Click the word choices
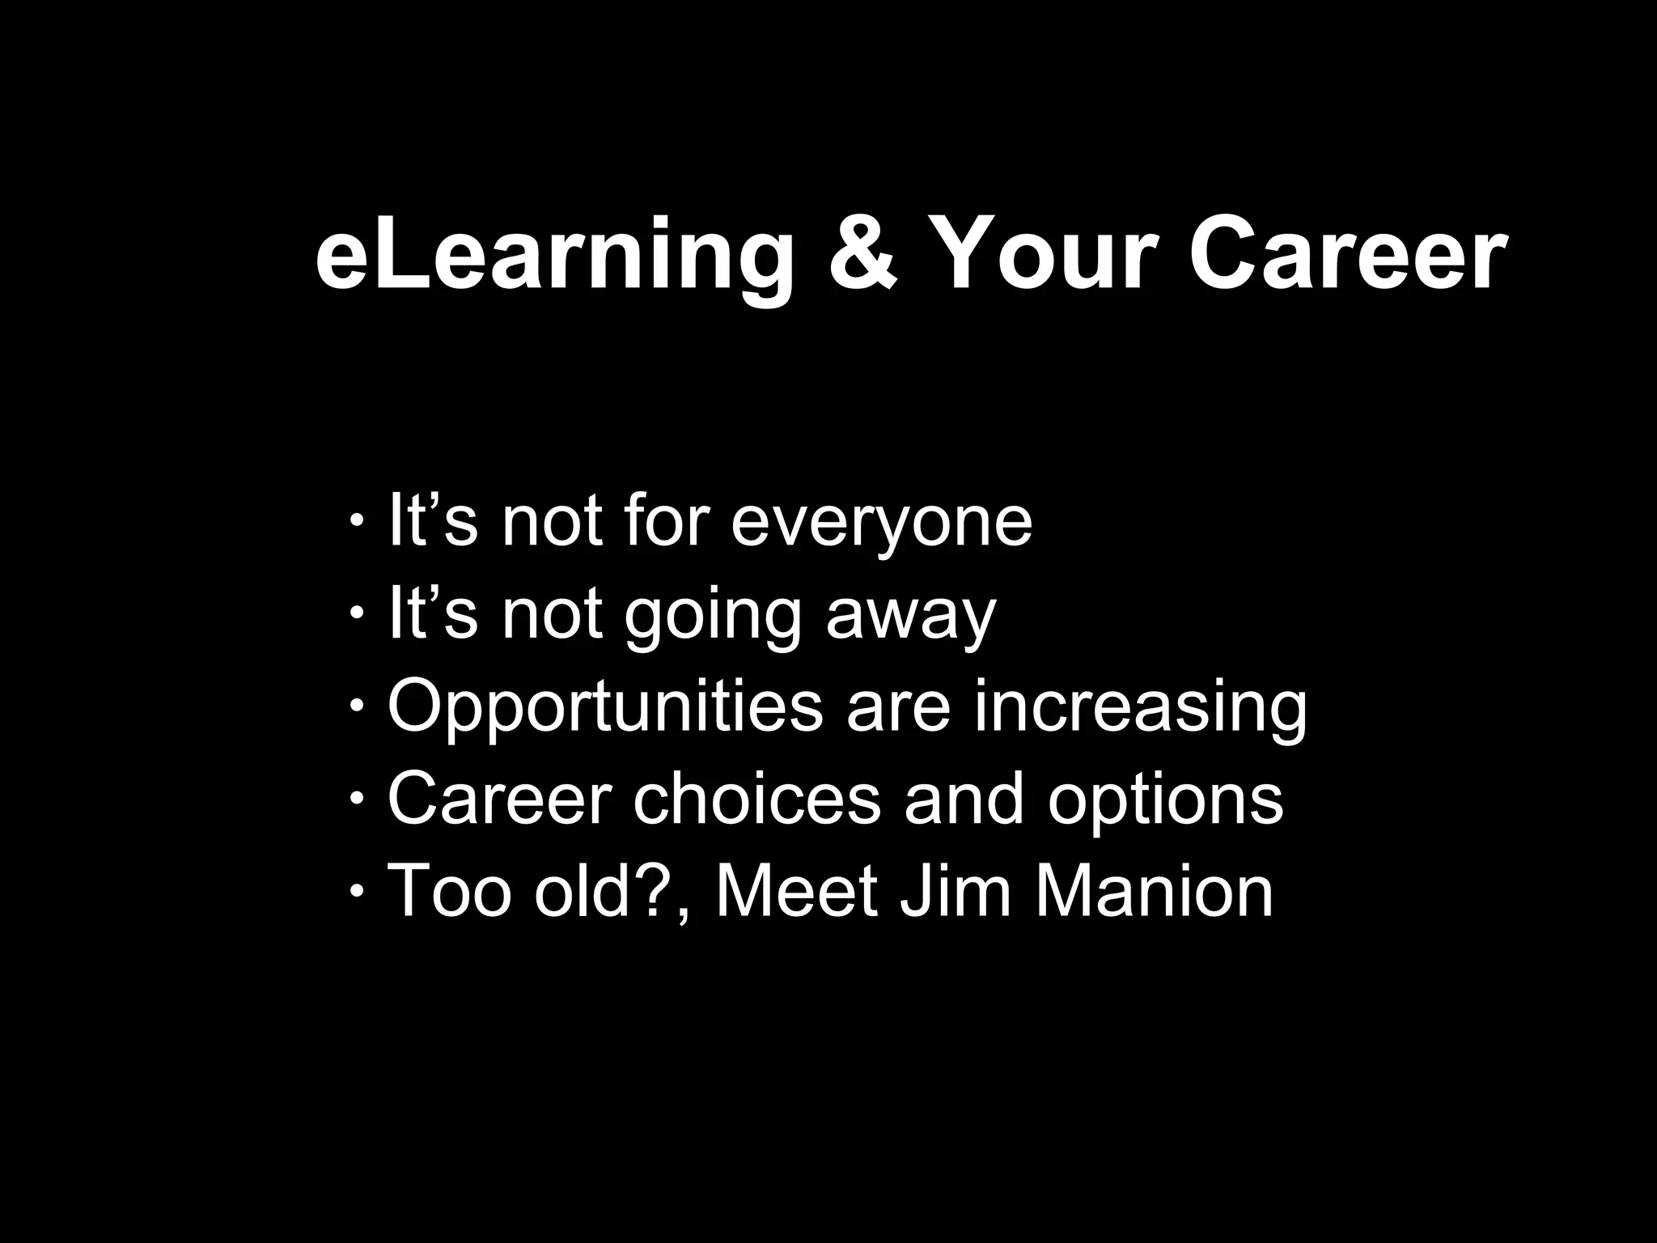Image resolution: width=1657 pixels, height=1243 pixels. coord(756,800)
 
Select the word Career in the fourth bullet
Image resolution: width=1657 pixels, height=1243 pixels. coord(499,800)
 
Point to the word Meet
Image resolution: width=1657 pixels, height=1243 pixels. coord(796,892)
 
